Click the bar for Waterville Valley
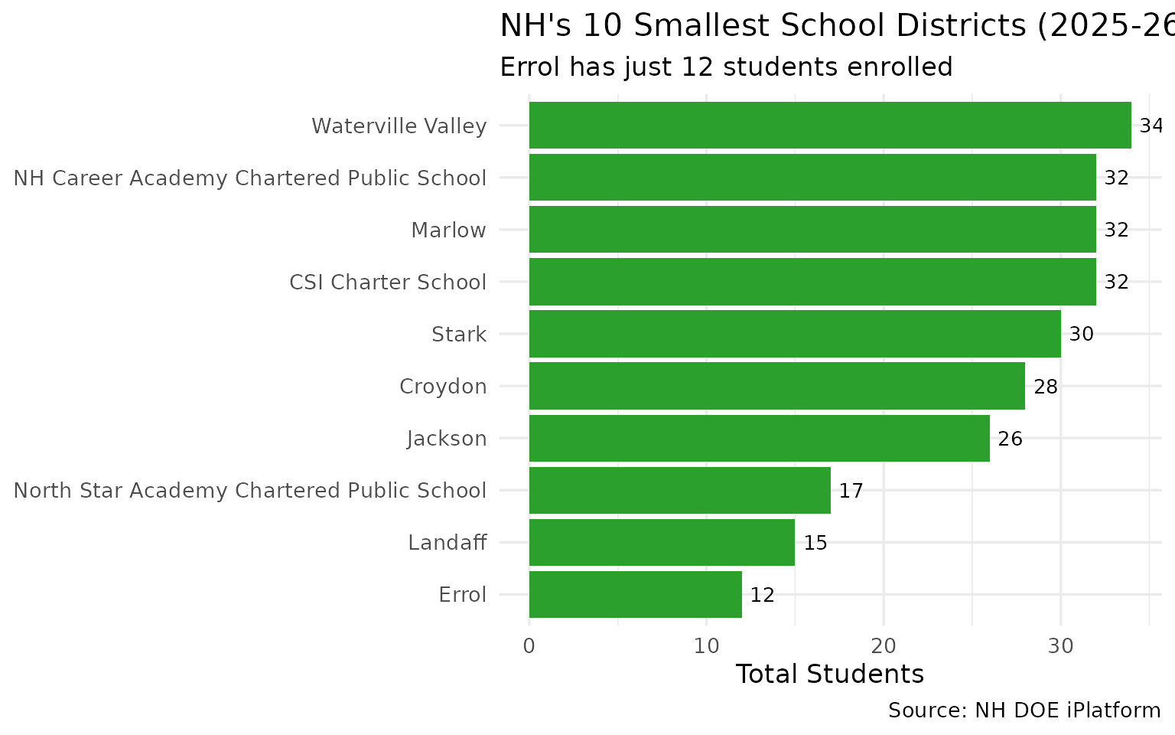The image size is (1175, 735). pos(830,125)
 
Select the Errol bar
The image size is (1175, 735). pos(635,594)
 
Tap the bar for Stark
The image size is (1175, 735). pos(795,334)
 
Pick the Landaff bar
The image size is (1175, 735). pos(662,542)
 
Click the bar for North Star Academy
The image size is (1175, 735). pos(679,490)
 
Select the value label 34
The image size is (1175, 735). pos(1151,126)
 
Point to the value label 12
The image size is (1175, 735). pos(762,595)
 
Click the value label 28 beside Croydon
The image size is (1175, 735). pos(1045,387)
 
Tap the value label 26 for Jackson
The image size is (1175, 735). pos(1010,439)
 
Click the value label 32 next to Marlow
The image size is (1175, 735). pos(1116,230)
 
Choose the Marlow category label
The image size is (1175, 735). pos(448,230)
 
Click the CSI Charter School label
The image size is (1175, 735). pos(387,282)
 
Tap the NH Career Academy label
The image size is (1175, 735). pos(250,178)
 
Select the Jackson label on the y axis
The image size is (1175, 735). pos(447,439)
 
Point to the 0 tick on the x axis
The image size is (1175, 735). pos(529,645)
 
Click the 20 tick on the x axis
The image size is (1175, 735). pos(884,645)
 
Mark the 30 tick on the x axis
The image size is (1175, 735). pos(1060,645)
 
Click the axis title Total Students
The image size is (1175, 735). pos(829,674)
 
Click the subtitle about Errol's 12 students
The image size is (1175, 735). pos(726,67)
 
